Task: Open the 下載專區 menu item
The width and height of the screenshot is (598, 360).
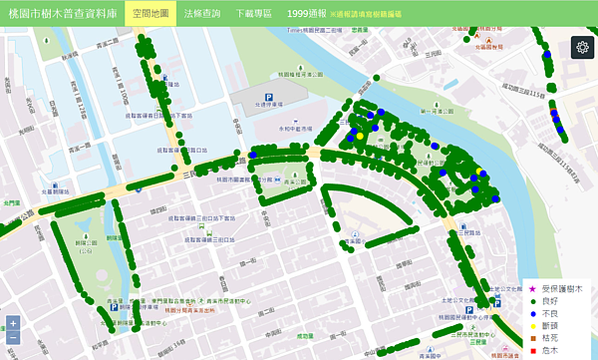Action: (x=253, y=14)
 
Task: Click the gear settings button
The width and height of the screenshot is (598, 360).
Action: (x=581, y=47)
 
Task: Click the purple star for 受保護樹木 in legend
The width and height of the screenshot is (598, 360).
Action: (x=532, y=287)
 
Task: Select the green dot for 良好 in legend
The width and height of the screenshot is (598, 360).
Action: (x=532, y=300)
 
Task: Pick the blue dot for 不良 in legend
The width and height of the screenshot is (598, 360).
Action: (x=532, y=313)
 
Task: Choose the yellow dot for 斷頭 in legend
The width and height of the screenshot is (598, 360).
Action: (x=532, y=325)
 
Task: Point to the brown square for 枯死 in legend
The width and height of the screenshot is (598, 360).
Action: (x=532, y=338)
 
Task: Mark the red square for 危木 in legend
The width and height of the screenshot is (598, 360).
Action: (x=532, y=351)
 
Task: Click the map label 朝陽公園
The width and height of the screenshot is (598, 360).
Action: (x=91, y=242)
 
